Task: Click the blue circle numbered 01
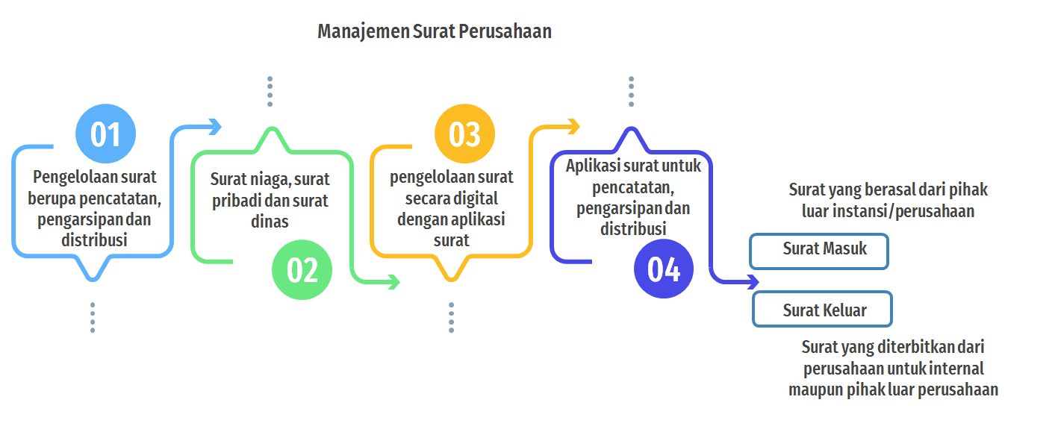pos(105,134)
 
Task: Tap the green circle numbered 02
pos(302,270)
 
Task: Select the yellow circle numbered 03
pos(464,134)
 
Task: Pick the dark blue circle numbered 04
pos(664,269)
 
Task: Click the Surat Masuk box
pos(819,251)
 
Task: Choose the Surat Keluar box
pos(822,309)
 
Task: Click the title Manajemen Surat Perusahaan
pos(435,31)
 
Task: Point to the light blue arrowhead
pos(215,127)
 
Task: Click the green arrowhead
pos(393,282)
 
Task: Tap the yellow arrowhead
pos(573,126)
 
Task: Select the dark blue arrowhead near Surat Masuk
pos(753,282)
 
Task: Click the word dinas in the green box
pos(270,222)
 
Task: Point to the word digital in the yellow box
pos(474,199)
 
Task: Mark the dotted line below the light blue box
pos(93,317)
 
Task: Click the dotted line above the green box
pos(270,91)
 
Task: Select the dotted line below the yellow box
pos(451,317)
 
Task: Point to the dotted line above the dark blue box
pos(631,91)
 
